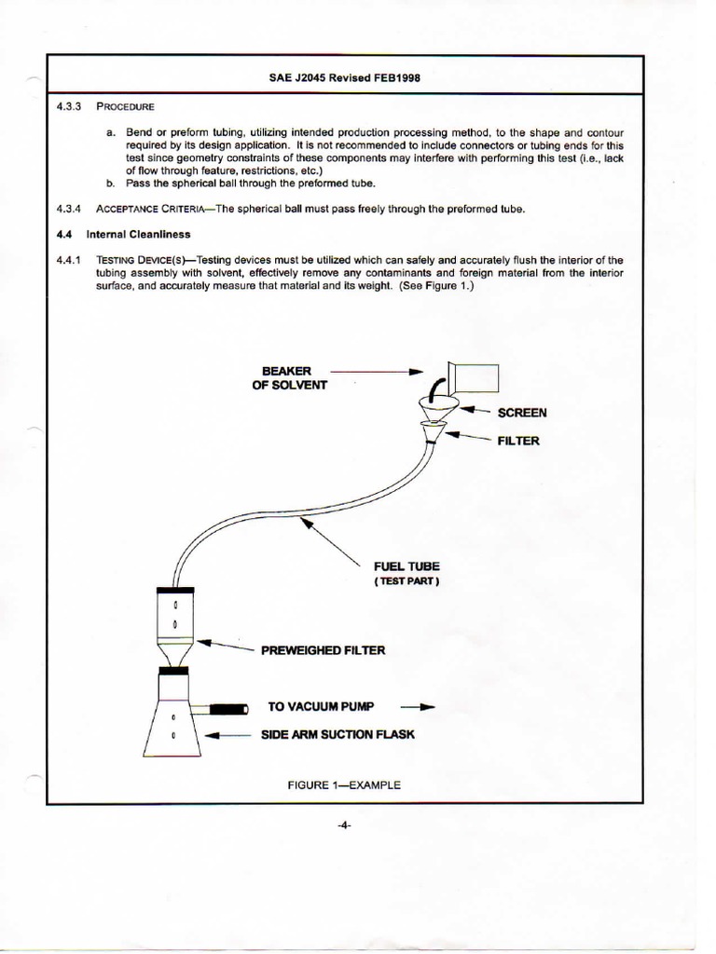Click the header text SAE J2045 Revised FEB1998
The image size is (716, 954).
pyautogui.click(x=344, y=78)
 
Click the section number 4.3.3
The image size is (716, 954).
pyautogui.click(x=71, y=107)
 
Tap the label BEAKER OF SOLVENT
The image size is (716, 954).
pyautogui.click(x=289, y=378)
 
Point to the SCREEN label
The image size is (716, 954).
pyautogui.click(x=522, y=413)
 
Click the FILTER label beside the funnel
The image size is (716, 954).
pyautogui.click(x=518, y=441)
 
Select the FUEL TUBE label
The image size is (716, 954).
pyautogui.click(x=406, y=566)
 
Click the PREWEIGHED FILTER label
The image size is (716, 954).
pyautogui.click(x=323, y=650)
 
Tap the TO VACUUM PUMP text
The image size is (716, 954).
pyautogui.click(x=321, y=707)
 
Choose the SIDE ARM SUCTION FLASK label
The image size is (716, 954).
pyautogui.click(x=340, y=734)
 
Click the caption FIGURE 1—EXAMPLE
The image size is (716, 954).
pyautogui.click(x=344, y=785)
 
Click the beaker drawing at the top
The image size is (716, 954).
pyautogui.click(x=475, y=378)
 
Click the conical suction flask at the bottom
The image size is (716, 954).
pyautogui.click(x=172, y=722)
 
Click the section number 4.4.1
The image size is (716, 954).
pyautogui.click(x=71, y=259)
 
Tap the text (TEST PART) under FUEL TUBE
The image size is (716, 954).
pyautogui.click(x=406, y=581)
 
